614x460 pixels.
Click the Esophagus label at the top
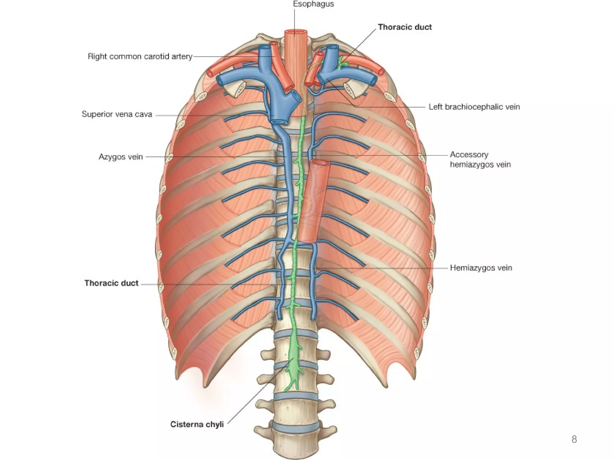pos(313,4)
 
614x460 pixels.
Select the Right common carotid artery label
pos(140,56)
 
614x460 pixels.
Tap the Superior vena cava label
pos(117,114)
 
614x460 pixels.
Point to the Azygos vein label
pos(121,157)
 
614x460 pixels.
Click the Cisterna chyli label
pos(197,424)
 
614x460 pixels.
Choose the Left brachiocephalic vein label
pos(474,107)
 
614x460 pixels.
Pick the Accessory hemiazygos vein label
pos(480,159)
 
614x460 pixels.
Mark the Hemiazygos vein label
pos(481,268)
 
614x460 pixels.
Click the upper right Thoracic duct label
pos(405,27)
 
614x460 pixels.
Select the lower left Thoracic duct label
pos(112,283)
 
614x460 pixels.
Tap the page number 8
pos(574,439)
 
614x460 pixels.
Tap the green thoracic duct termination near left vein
pos(341,62)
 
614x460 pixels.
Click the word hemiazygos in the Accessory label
pos(480,164)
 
